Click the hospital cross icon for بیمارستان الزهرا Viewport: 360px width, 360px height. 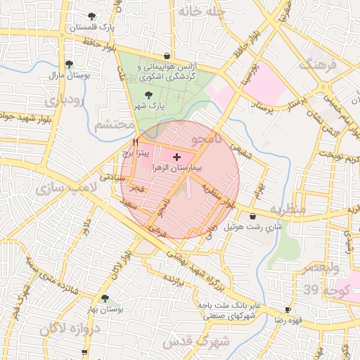(176, 156)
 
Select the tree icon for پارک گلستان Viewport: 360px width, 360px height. (91, 16)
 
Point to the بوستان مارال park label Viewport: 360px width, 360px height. (66, 74)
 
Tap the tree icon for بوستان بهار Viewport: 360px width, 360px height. (105, 298)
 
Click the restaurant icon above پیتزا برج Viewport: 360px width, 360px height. (135, 142)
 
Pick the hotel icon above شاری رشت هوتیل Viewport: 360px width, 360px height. (252, 217)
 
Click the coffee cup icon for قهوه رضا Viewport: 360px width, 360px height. (288, 309)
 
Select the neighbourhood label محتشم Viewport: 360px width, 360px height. (112, 125)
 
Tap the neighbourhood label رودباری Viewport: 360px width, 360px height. (64, 101)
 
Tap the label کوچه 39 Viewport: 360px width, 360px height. (321, 290)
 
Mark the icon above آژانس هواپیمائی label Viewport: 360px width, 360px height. (167, 56)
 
